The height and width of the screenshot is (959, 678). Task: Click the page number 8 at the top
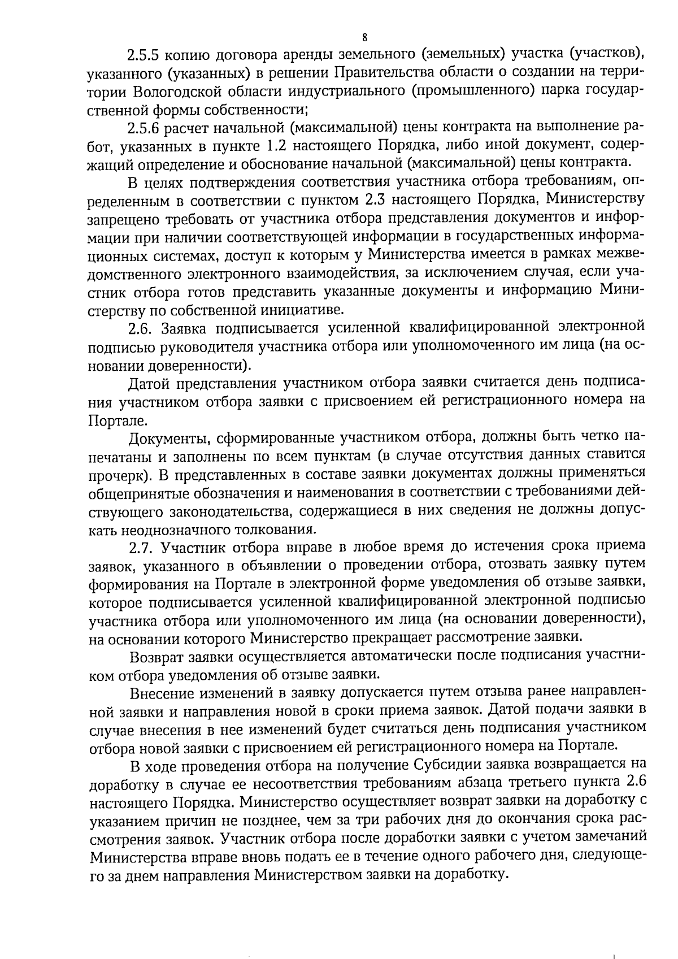click(364, 37)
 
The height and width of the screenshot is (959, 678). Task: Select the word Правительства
click(387, 73)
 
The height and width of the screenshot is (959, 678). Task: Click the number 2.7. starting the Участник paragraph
click(142, 547)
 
